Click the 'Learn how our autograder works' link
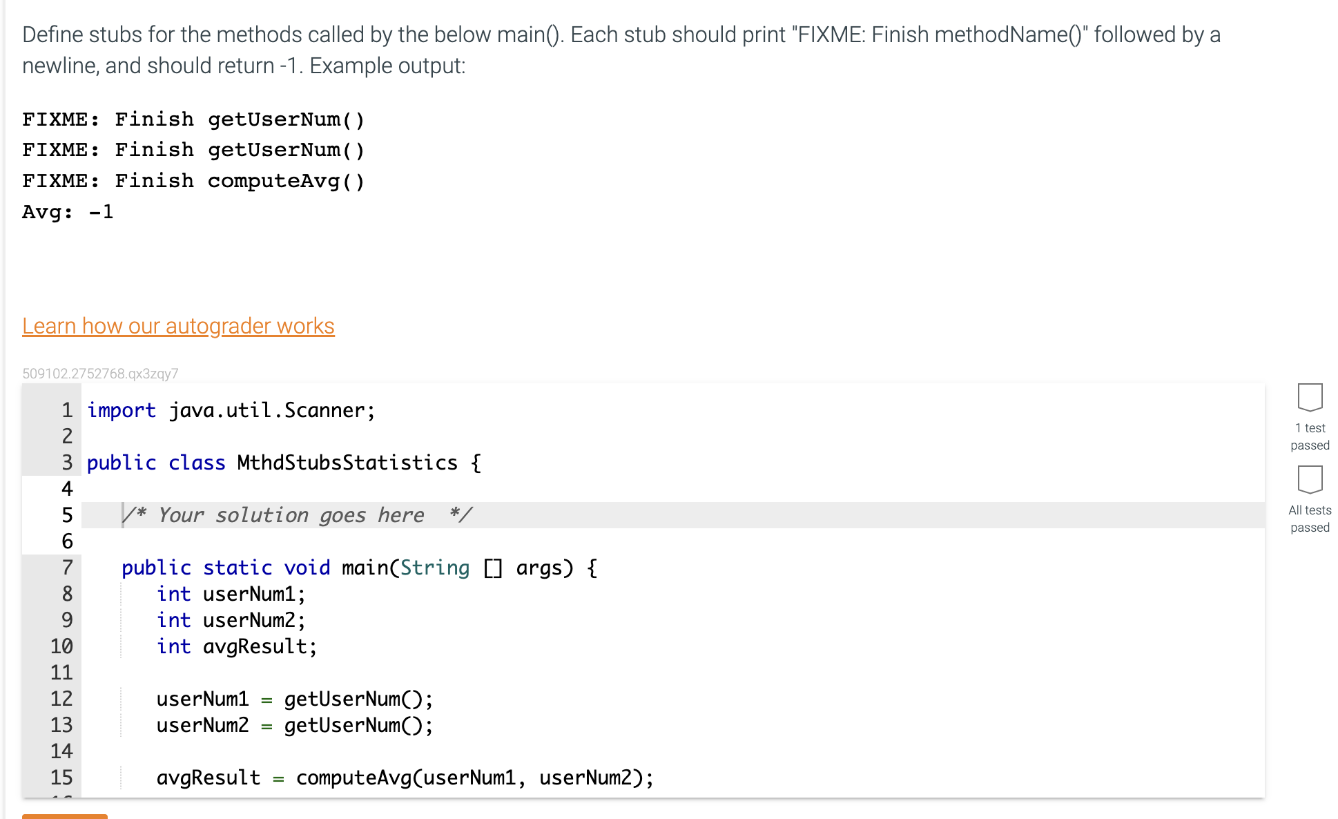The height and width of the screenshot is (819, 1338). point(178,326)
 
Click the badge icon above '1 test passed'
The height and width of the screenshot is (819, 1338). point(1310,397)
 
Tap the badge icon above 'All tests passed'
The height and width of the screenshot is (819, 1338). point(1310,479)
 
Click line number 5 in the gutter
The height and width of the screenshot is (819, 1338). point(67,515)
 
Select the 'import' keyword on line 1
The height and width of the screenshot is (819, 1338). point(122,410)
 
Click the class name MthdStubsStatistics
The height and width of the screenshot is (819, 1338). point(347,463)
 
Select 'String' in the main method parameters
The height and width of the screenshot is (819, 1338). point(434,568)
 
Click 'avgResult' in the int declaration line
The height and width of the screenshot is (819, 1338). point(254,646)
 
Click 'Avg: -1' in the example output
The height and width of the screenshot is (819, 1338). point(68,212)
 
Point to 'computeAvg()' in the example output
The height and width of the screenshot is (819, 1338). point(286,181)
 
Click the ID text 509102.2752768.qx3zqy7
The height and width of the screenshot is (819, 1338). point(100,374)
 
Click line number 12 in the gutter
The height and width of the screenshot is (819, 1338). point(61,699)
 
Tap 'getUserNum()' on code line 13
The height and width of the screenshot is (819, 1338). point(358,725)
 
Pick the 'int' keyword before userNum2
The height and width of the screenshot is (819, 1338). point(173,620)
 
